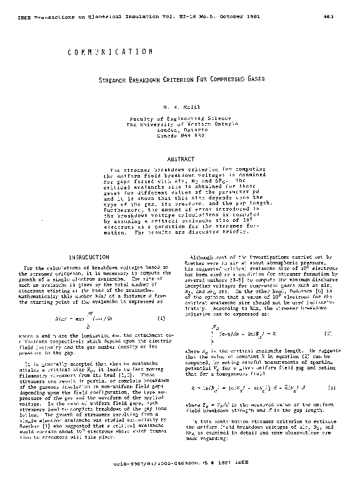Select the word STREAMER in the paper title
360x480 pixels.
(x=119, y=79)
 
